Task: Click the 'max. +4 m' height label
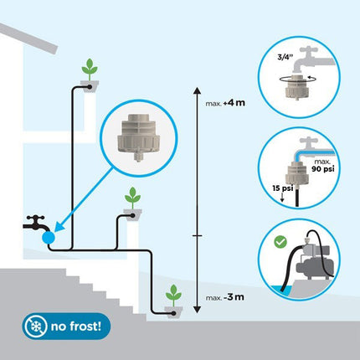point(224,105)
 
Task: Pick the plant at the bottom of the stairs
point(172,296)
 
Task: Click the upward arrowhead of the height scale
point(196,86)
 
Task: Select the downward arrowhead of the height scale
point(196,314)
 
